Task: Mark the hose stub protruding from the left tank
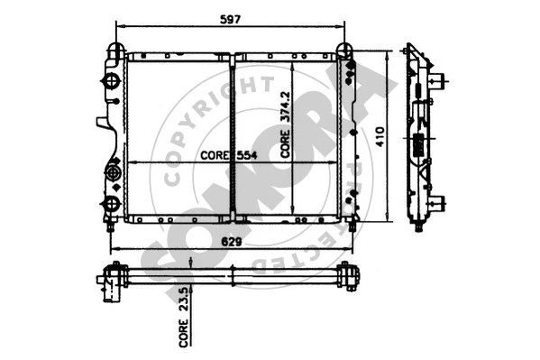click(100, 123)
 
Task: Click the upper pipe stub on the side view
click(439, 79)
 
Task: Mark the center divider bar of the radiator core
click(233, 135)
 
